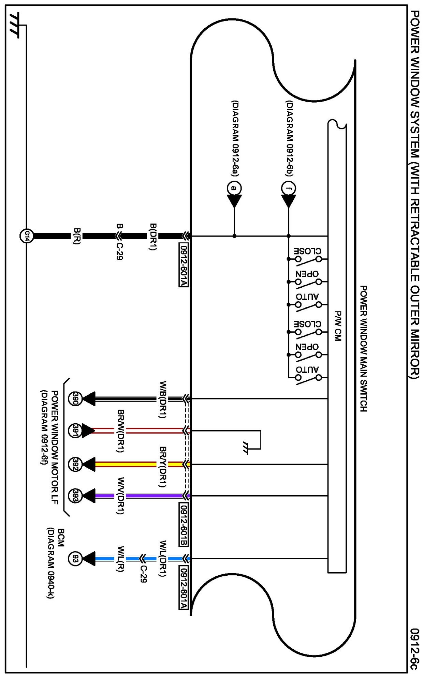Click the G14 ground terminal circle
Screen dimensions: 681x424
[x=27, y=236]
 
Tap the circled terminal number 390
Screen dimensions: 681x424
[x=75, y=398]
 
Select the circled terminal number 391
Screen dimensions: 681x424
[x=75, y=431]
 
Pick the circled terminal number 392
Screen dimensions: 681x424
[x=75, y=464]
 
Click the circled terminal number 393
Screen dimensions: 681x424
[x=75, y=496]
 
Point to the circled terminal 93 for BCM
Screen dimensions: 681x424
[x=75, y=559]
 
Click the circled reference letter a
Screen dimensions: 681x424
[x=234, y=188]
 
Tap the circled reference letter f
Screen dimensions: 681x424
[x=289, y=188]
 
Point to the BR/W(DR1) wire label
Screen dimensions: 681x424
[x=120, y=431]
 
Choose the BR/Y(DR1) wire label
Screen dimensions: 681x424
[x=163, y=467]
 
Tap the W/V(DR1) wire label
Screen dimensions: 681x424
[x=120, y=496]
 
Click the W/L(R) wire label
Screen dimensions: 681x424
[x=120, y=559]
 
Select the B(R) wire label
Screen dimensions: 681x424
[x=77, y=236]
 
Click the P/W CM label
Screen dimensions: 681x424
[x=337, y=326]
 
